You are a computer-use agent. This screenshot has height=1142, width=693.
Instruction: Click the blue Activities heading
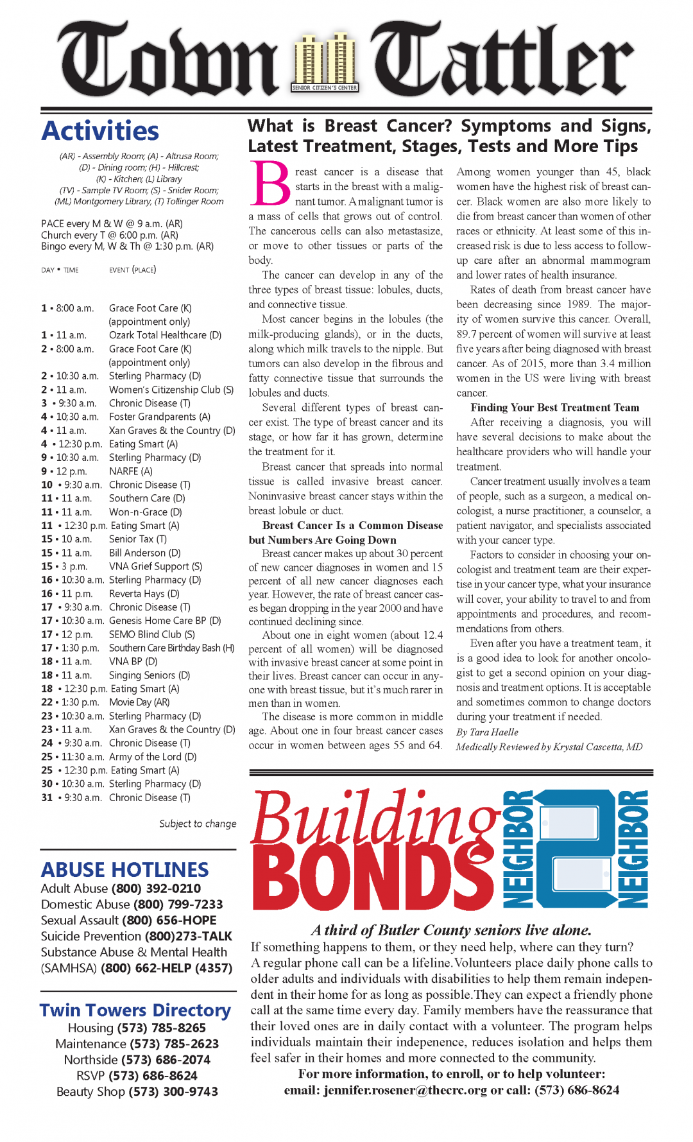(100, 131)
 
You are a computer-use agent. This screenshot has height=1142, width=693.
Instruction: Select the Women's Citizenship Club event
(171, 390)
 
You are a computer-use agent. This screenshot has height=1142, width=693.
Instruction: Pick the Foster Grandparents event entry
(159, 417)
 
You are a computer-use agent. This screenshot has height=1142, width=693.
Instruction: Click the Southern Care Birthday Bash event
(171, 648)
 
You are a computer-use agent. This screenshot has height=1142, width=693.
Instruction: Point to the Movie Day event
(139, 702)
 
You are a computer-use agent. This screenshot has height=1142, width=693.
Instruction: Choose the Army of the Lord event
(153, 757)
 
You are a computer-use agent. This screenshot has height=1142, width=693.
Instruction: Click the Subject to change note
(198, 824)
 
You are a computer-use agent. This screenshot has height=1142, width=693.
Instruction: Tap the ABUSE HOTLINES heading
(124, 870)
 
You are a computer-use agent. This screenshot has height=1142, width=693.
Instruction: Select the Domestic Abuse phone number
(178, 904)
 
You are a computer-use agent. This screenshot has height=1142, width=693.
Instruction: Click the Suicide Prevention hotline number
(188, 937)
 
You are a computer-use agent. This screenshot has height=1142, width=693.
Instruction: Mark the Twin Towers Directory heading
(135, 1010)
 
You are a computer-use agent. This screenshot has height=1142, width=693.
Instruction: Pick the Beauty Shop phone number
(173, 1092)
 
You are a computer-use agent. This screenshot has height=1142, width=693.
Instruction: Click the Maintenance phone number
(174, 1044)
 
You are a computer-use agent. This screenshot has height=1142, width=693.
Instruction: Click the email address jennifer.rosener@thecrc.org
(405, 1091)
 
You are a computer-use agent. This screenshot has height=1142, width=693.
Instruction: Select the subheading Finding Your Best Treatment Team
(554, 408)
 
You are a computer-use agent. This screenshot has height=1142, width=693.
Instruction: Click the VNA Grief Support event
(155, 567)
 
